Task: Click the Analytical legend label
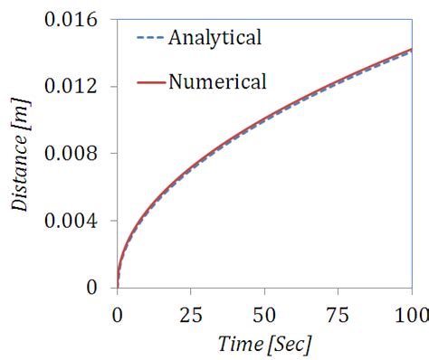(x=211, y=38)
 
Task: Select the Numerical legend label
(x=217, y=81)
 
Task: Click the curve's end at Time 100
(x=412, y=50)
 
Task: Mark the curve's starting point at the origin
(x=118, y=287)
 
